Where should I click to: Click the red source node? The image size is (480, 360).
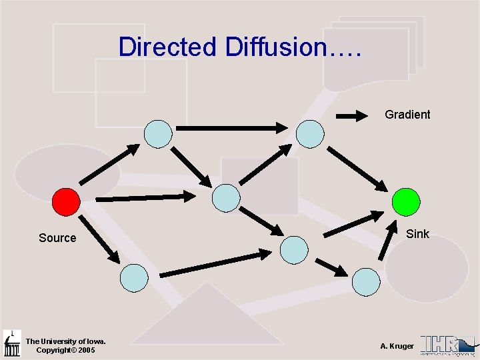66,202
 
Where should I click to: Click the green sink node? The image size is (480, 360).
405,202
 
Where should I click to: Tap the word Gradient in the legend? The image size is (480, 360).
407,115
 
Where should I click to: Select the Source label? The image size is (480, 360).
57,238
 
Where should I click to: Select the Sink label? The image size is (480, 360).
418,234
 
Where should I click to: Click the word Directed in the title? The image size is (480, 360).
167,47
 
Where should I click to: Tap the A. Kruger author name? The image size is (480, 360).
397,346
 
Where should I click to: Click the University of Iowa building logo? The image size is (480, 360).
12,343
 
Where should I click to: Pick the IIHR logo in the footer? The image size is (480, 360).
447,344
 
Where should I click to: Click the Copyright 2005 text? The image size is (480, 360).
65,350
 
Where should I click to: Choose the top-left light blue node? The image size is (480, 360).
159,133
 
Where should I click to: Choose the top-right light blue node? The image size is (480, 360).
310,133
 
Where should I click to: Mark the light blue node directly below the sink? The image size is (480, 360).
365,281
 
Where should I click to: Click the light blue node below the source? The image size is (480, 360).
134,277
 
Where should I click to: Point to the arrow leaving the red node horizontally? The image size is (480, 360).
145,197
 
